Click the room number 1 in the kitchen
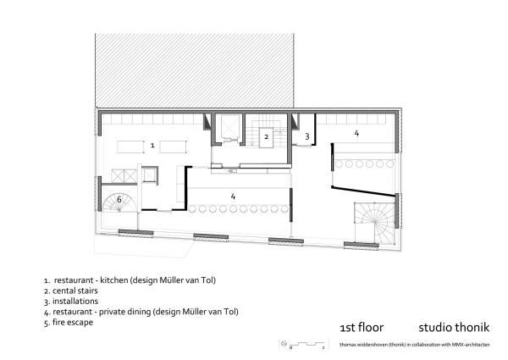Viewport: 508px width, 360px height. point(152,146)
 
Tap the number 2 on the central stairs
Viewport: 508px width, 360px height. point(267,136)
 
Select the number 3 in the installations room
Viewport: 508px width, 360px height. point(307,136)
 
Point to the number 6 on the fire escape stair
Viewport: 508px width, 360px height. point(119,199)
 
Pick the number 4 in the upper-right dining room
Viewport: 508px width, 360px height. point(356,133)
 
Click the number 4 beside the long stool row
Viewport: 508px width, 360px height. point(233,196)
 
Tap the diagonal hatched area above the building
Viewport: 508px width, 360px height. point(195,70)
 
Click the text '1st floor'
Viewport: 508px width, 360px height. point(362,327)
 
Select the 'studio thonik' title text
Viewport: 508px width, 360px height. point(454,327)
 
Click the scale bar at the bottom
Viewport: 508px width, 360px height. point(307,344)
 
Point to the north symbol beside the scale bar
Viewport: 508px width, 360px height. point(284,343)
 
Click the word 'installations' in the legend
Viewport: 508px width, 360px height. point(75,301)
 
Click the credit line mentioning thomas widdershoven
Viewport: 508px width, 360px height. point(415,345)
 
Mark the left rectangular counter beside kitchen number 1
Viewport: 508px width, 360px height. point(130,147)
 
